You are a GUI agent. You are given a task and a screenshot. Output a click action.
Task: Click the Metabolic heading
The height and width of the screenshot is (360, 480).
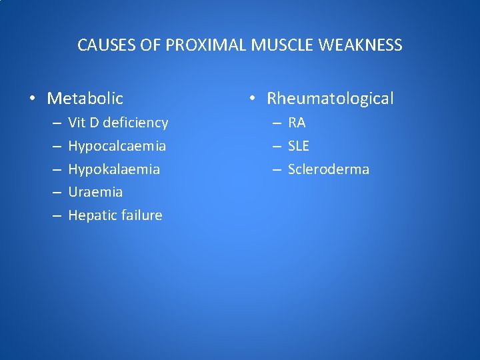tap(85, 99)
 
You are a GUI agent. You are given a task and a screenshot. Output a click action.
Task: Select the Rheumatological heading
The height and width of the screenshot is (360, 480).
tap(330, 99)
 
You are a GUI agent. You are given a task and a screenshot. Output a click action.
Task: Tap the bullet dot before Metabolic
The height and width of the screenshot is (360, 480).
tap(33, 99)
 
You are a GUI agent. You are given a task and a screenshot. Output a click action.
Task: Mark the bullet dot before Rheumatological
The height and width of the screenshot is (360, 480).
tap(253, 99)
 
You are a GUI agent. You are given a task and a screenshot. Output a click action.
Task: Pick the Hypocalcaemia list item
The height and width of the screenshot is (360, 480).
tap(117, 146)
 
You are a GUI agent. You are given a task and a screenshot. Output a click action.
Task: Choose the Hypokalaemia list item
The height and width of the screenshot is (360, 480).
tap(114, 169)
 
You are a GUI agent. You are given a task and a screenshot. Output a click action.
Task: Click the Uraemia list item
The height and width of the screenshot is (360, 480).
tap(95, 192)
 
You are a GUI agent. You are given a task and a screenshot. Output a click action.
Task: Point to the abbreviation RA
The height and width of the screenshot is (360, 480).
tap(297, 123)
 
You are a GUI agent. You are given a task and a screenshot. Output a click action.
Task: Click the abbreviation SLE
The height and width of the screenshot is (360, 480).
tap(299, 146)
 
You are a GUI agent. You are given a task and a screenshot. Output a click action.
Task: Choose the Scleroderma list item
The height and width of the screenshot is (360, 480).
tap(328, 169)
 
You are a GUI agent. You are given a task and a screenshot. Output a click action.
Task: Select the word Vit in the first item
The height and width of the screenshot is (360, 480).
tap(77, 123)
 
